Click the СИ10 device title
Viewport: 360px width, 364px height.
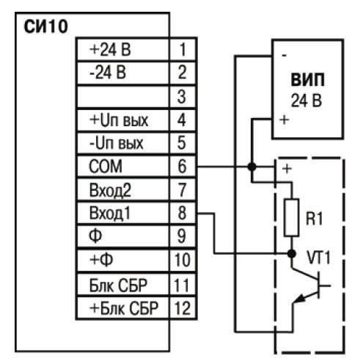coord(45,26)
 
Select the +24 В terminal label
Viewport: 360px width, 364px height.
coord(110,49)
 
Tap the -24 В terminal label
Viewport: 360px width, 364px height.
coord(108,73)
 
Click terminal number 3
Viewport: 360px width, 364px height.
coord(182,96)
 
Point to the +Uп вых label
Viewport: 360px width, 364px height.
coord(119,120)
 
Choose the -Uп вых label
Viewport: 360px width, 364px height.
coord(117,143)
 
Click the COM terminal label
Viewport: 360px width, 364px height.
coord(106,167)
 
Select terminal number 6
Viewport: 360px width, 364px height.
coord(182,167)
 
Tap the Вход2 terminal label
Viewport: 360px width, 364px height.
coord(110,190)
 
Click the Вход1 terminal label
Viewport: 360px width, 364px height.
coord(110,213)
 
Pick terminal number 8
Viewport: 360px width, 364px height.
coord(182,213)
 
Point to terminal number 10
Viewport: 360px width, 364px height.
coord(182,260)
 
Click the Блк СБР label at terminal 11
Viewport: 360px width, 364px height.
coord(118,285)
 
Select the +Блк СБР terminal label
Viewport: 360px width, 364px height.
coord(124,308)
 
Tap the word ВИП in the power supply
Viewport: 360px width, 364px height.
coord(308,80)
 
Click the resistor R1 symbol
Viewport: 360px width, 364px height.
coord(292,217)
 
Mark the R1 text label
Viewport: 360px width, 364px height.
coord(315,219)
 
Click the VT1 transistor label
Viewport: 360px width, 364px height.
coord(319,258)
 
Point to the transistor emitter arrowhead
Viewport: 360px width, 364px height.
coord(300,299)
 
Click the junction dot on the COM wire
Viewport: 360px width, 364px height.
coord(252,167)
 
